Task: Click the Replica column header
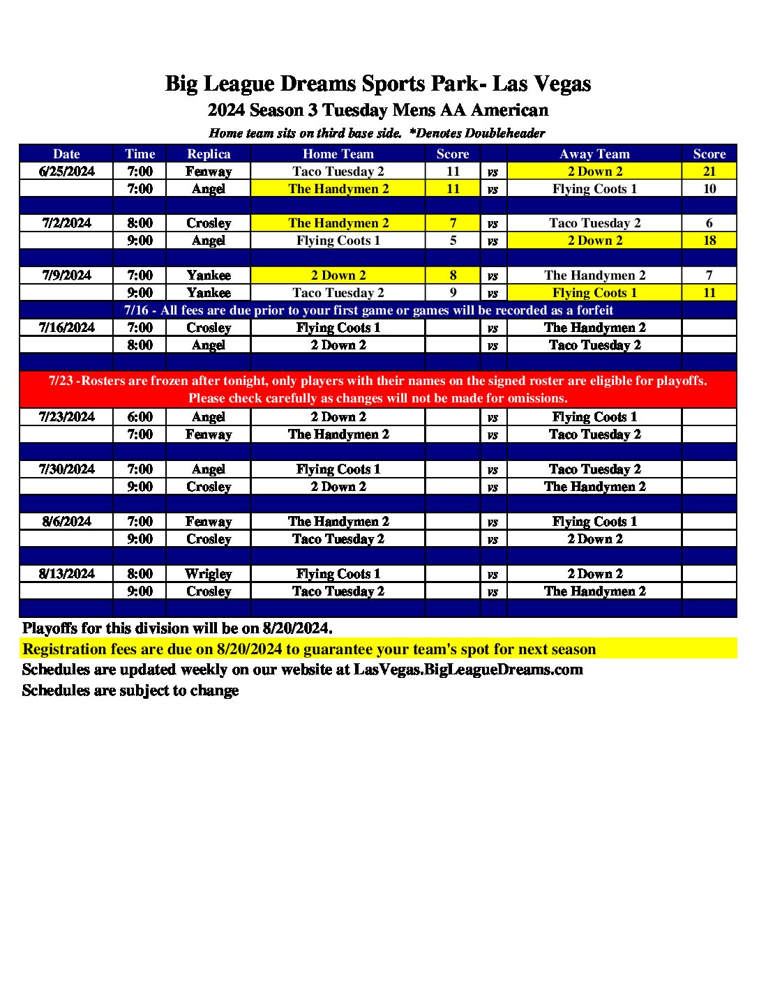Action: click(x=209, y=154)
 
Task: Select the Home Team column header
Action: click(x=338, y=154)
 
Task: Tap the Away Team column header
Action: click(x=594, y=154)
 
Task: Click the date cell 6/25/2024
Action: click(x=67, y=172)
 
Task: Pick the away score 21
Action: click(x=709, y=172)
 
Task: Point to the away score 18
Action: click(x=709, y=241)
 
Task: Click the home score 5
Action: click(x=453, y=241)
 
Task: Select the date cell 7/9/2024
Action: click(x=67, y=275)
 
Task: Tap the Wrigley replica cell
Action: click(x=209, y=574)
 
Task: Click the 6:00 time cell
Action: click(x=140, y=417)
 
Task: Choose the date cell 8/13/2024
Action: click(x=67, y=574)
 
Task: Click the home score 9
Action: click(x=453, y=293)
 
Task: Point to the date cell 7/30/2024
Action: click(x=67, y=469)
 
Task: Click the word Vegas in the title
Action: click(x=562, y=84)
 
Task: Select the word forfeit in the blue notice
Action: click(x=595, y=310)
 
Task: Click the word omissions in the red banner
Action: click(x=538, y=398)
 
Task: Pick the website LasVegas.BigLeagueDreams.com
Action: click(x=468, y=670)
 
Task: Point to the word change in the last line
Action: click(x=216, y=690)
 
